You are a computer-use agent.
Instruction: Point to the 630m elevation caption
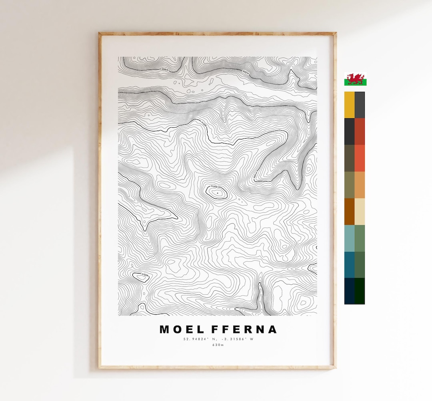218,345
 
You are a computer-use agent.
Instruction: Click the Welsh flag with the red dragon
355,79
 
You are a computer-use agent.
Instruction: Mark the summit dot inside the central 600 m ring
217,193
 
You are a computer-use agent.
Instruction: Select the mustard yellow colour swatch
349,105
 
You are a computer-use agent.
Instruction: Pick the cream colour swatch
360,211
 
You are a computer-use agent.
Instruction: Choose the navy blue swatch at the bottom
349,291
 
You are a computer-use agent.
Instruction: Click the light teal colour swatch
349,238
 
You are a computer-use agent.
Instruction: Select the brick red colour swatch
360,131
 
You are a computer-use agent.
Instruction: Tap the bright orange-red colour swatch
360,158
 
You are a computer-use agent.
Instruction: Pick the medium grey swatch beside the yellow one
360,105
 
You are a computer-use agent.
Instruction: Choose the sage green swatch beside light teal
360,238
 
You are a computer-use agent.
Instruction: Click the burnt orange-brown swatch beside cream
349,211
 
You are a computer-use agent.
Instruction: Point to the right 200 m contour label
245,72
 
